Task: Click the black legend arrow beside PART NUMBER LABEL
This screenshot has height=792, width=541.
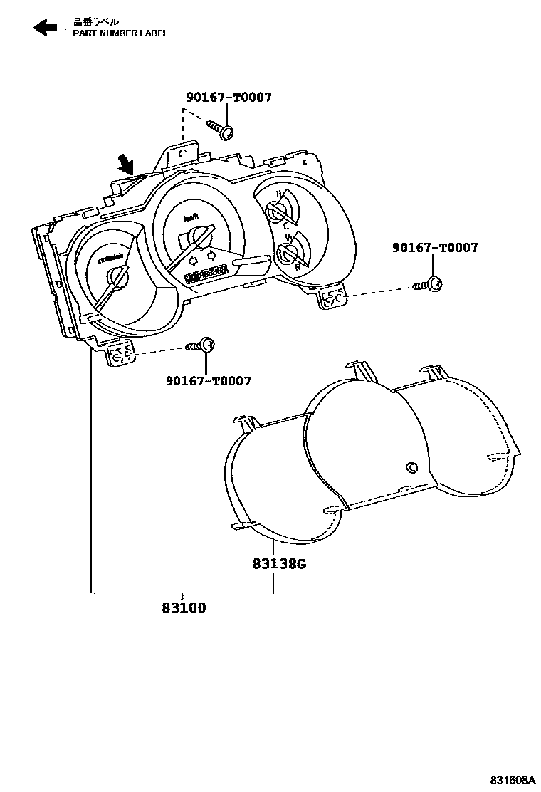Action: click(46, 28)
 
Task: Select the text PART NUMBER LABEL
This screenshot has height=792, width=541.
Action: click(120, 33)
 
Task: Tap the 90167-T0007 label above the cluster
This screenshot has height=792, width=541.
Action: click(229, 98)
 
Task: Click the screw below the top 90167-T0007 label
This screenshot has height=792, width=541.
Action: click(221, 130)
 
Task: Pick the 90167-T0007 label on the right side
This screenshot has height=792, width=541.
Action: click(435, 248)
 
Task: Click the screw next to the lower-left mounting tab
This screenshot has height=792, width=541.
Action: click(201, 345)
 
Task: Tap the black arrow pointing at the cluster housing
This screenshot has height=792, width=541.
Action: click(127, 166)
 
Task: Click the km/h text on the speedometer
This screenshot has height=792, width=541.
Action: click(191, 217)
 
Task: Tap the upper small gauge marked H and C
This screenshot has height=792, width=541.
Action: click(276, 211)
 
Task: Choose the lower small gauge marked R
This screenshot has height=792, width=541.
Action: click(288, 252)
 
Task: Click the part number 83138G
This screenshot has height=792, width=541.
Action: click(278, 564)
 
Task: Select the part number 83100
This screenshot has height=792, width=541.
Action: click(183, 608)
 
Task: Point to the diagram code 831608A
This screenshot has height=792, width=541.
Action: click(510, 779)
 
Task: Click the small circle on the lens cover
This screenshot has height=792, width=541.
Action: click(411, 467)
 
